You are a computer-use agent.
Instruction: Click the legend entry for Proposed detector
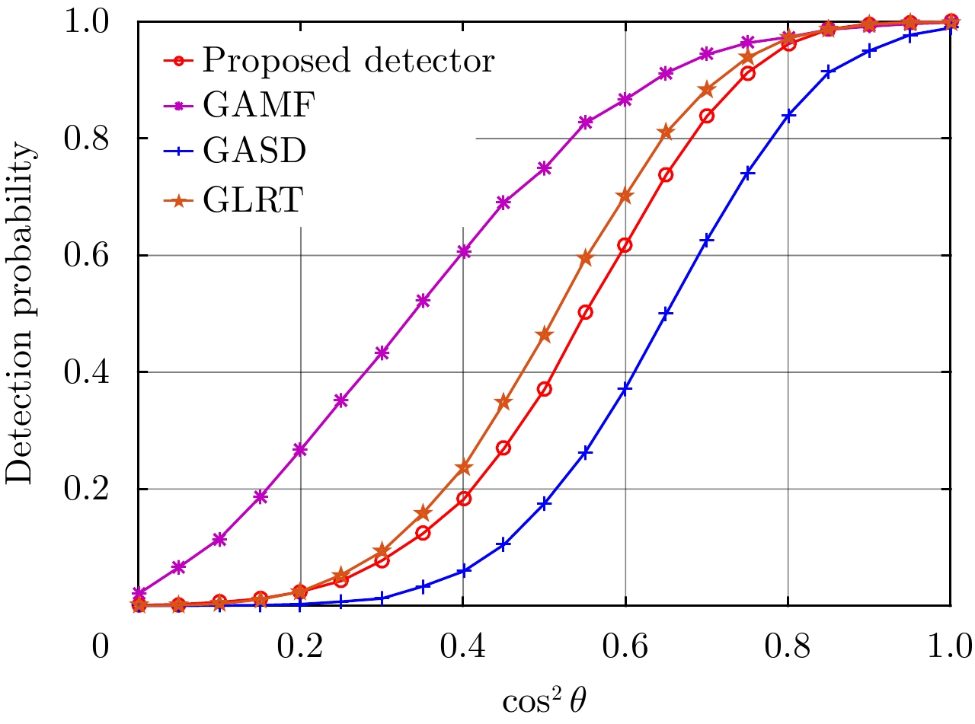point(348,60)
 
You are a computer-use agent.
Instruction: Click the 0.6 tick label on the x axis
point(625,649)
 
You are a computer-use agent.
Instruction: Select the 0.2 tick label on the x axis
point(300,649)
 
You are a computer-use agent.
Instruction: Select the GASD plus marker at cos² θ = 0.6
point(625,389)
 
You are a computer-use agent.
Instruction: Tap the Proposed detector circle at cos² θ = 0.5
point(544,389)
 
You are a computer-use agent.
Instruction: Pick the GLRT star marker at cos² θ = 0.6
point(625,196)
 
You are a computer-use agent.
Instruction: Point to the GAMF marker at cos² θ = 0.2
point(300,450)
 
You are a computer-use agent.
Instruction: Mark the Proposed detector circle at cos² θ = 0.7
point(707,116)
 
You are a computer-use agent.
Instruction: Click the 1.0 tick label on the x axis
point(949,649)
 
